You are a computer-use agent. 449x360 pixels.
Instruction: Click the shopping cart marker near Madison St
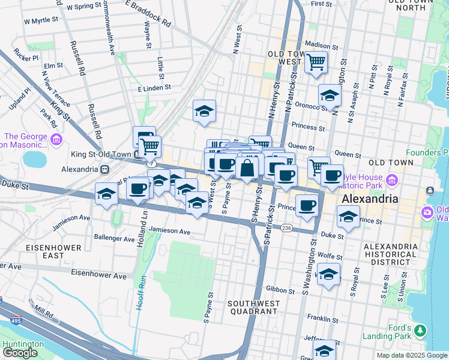point(316,62)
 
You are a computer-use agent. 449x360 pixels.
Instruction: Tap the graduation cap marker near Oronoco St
point(330,96)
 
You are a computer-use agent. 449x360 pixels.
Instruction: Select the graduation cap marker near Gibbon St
point(328,275)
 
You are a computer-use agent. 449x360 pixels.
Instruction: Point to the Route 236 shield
point(286,228)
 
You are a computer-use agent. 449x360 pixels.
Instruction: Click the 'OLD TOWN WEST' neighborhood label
point(285,58)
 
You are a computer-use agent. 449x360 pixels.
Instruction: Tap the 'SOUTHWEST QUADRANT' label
point(253,308)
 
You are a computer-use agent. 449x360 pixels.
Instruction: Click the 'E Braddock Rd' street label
point(148,13)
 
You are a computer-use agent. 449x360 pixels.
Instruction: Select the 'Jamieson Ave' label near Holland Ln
point(170,231)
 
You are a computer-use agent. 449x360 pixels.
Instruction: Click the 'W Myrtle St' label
point(41,21)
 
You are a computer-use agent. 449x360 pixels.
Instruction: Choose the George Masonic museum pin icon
point(57,140)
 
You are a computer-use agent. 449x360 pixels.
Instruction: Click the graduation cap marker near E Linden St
point(204,111)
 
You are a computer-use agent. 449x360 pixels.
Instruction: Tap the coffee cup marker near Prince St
point(307,205)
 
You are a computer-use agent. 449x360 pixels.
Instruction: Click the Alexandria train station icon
point(104,169)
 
